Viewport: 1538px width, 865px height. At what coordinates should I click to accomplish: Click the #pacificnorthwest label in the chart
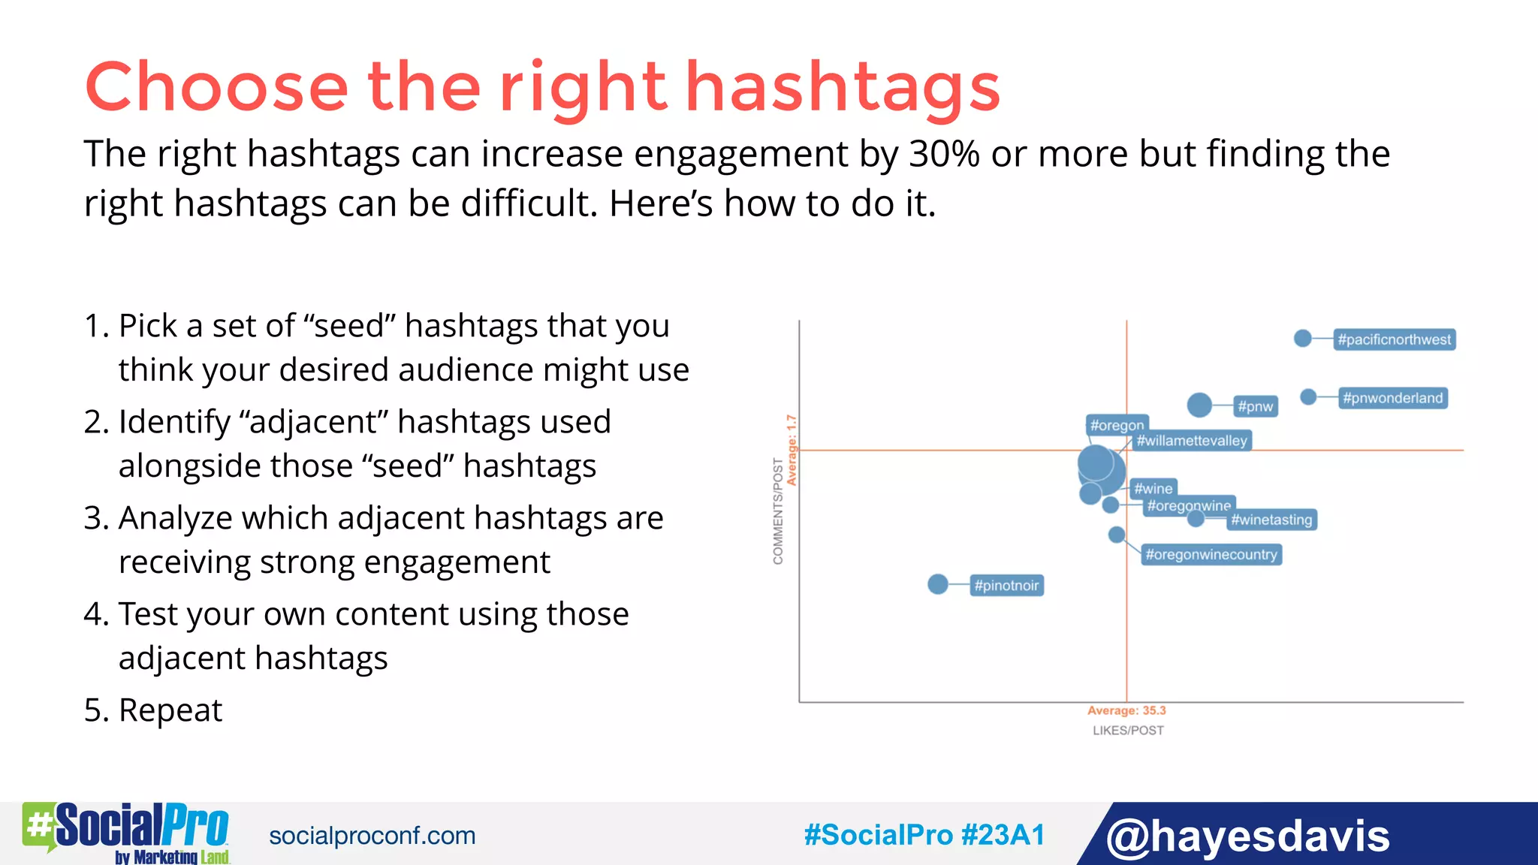pyautogui.click(x=1394, y=339)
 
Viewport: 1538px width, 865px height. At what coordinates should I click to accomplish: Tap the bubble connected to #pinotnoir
pyautogui.click(x=938, y=584)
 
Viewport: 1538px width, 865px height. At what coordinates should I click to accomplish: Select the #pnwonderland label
pyautogui.click(x=1392, y=398)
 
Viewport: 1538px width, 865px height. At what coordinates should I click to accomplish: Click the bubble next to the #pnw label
pyautogui.click(x=1199, y=405)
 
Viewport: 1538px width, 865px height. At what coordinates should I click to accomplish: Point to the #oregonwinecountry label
pyautogui.click(x=1211, y=555)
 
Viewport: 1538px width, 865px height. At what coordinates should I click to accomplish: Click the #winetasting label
pyautogui.click(x=1271, y=520)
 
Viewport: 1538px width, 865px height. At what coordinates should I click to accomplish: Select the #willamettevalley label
pyautogui.click(x=1192, y=441)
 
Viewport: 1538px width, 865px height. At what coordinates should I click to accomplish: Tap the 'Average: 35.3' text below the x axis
pyautogui.click(x=1126, y=710)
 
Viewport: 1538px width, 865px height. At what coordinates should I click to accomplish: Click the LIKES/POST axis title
pyautogui.click(x=1128, y=731)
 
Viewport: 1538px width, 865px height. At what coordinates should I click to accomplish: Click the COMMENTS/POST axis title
pyautogui.click(x=778, y=511)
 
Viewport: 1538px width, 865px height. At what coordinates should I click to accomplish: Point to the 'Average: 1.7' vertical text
pyautogui.click(x=791, y=450)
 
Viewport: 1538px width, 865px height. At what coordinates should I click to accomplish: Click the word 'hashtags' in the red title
pyautogui.click(x=843, y=87)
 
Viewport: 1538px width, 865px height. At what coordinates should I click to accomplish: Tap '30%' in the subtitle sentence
pyautogui.click(x=944, y=154)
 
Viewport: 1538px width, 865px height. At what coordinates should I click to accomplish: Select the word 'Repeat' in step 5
pyautogui.click(x=170, y=710)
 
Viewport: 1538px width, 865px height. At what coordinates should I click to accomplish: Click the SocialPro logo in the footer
pyautogui.click(x=126, y=832)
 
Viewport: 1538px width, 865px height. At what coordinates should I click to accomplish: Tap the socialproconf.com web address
pyautogui.click(x=372, y=836)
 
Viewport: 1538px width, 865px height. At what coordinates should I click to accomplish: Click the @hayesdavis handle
pyautogui.click(x=1247, y=836)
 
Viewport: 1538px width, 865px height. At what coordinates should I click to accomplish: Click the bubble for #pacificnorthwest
pyautogui.click(x=1303, y=339)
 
